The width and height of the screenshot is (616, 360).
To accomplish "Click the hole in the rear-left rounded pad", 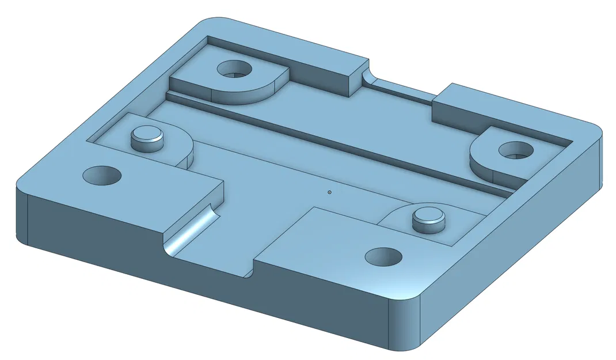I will point(234,70).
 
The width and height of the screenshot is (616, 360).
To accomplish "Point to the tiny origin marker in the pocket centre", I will point(329,192).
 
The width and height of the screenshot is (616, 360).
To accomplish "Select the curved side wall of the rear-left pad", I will point(253,95).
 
